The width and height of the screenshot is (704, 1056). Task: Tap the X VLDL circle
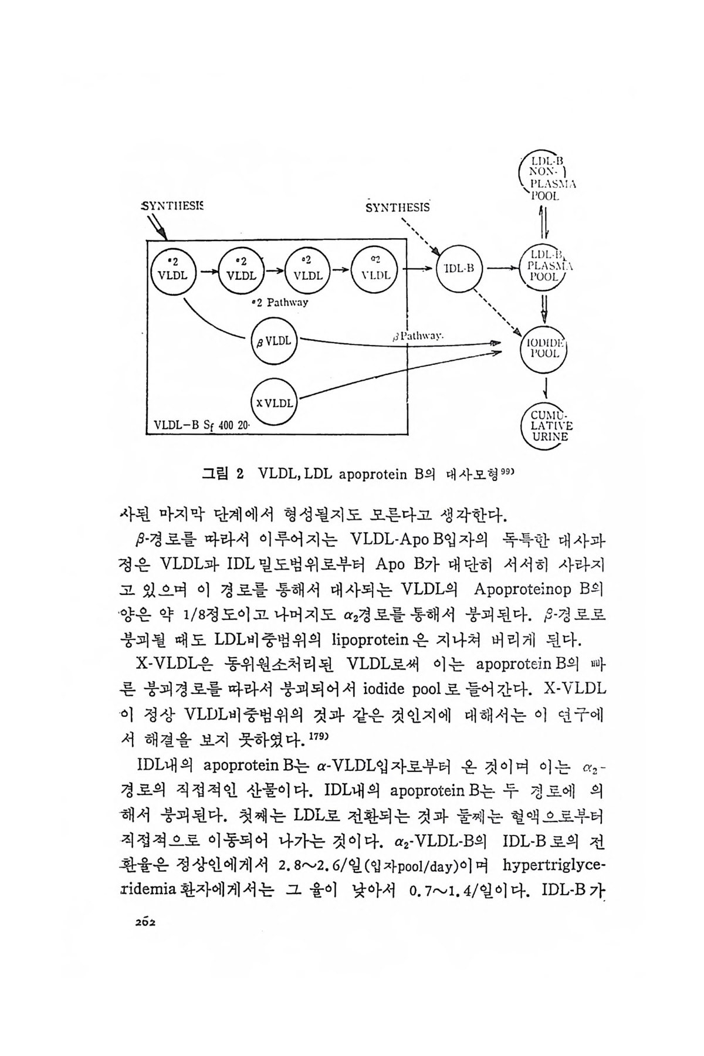pyautogui.click(x=275, y=402)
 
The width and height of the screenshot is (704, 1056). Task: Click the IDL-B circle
pyautogui.click(x=459, y=269)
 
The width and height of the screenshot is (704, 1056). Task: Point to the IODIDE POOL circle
pyautogui.click(x=545, y=348)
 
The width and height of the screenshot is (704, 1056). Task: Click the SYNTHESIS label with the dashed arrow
pyautogui.click(x=397, y=207)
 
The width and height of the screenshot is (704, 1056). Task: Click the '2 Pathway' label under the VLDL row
pyautogui.click(x=279, y=303)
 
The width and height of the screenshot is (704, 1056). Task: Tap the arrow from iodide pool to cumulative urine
pyautogui.click(x=546, y=387)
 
